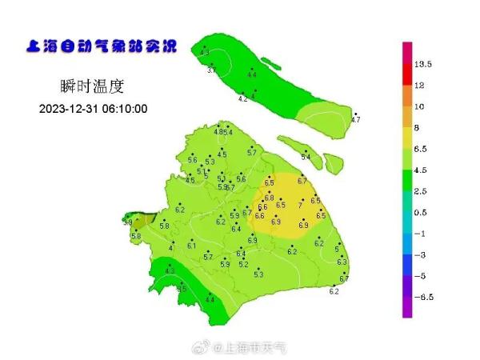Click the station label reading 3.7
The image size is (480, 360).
coord(211,71)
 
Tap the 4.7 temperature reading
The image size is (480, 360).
coord(356,120)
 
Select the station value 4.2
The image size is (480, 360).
coord(243,99)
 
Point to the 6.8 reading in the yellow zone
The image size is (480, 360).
coord(269,198)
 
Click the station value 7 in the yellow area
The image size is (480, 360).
coord(300,206)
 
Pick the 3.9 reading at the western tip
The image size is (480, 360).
coord(127,222)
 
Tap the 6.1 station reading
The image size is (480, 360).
coord(191,246)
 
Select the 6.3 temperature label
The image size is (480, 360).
coord(342,262)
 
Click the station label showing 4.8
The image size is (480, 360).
coord(218,132)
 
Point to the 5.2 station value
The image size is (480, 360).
coord(243,265)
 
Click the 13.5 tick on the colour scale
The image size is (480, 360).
coord(423,63)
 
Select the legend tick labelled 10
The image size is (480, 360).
coord(419,106)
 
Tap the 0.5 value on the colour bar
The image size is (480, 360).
coord(422,212)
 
